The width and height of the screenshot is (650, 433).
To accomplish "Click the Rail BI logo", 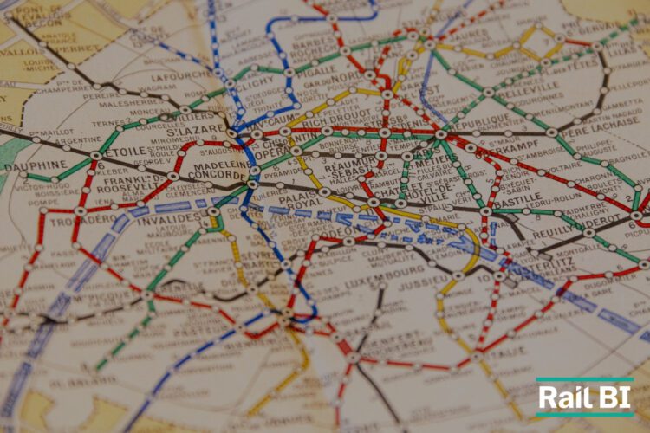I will pos(584,397).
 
